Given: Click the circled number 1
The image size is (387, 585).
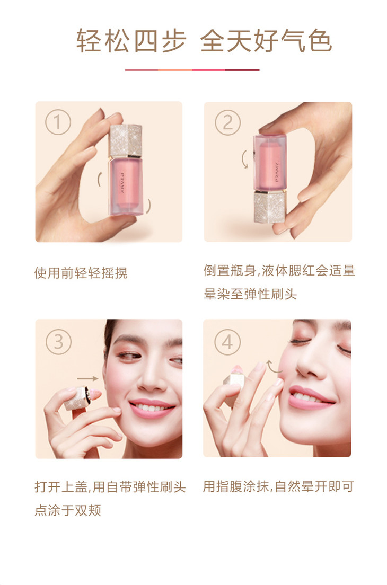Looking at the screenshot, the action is point(58,122).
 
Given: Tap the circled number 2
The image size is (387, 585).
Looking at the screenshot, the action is point(227,122).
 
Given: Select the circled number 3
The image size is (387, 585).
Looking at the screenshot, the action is point(58,342).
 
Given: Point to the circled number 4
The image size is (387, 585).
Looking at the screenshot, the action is point(227,342).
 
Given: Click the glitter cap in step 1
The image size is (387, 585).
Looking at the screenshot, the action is point(126,140).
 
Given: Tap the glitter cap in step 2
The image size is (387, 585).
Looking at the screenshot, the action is point(270,207).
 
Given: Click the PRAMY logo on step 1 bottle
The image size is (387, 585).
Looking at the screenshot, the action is point(122,183).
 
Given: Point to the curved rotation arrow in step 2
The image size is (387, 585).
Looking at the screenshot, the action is point(244,159).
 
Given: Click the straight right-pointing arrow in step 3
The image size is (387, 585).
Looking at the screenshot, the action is point(87,378).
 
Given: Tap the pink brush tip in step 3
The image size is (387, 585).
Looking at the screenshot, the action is point(95,396).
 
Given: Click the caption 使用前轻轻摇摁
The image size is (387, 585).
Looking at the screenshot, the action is point(81,273).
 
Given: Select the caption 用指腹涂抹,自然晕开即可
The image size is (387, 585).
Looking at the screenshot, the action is point(278,486).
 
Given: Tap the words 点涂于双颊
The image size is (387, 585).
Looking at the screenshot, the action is point(68,510).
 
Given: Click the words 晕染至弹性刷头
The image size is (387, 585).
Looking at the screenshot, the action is point(250,294).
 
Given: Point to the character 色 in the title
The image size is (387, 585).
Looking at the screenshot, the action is point(320,41).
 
